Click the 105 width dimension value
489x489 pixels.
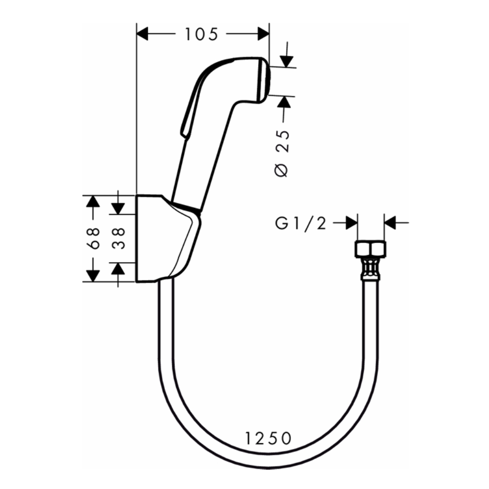coord(201,34)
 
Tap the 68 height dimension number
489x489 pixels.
coord(95,238)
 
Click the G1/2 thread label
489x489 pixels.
coord(300,223)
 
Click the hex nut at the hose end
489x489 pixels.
coord(370,250)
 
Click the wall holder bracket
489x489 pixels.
coord(161,240)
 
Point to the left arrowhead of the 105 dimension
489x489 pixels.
coord(142,33)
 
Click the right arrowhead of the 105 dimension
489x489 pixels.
coord(264,33)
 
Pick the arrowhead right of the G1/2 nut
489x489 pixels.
coord(390,223)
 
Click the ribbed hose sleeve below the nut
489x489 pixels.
coord(370,269)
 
